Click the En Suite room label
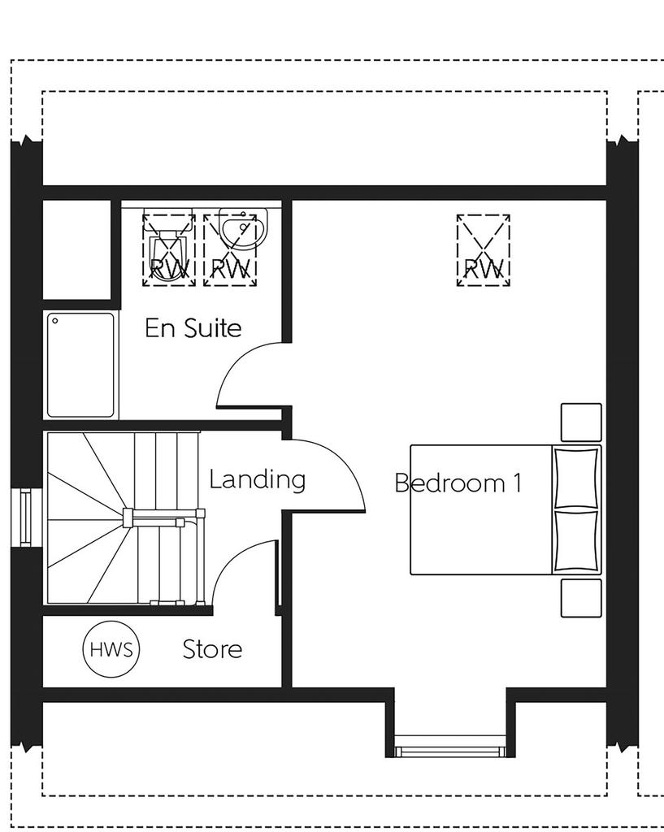(193, 328)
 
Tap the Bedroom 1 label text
(458, 483)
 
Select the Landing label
(258, 479)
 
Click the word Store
(212, 649)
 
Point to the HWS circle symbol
(111, 649)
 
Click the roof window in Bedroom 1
(484, 250)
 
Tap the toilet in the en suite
(168, 245)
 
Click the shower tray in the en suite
(80, 365)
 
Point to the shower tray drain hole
(54, 320)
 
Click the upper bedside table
(581, 422)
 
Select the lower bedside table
(581, 598)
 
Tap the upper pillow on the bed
(576, 478)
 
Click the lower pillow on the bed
(576, 540)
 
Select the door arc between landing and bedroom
(346, 461)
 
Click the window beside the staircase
(25, 518)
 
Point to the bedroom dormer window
(450, 746)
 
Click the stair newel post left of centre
(128, 518)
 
